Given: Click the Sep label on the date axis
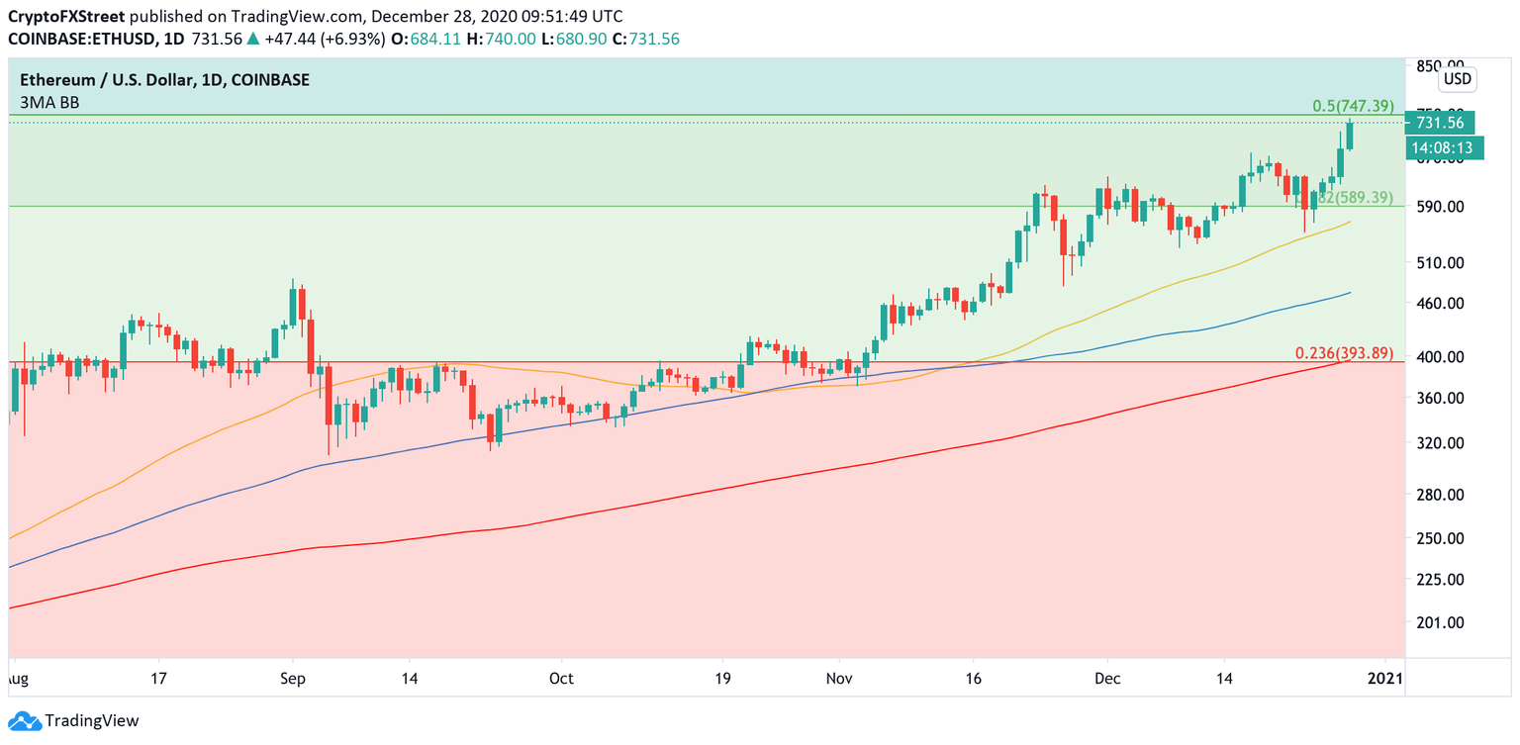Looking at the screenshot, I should pos(293,680).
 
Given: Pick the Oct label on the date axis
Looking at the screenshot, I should pos(561,680).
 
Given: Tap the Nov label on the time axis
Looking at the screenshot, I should pos(839,680).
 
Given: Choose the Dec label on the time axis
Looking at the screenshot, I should pos(1107,680).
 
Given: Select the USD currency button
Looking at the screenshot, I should pos(1457,79).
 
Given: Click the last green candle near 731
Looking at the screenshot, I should pos(1350,136).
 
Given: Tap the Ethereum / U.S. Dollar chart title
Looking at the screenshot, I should pos(160,80).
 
